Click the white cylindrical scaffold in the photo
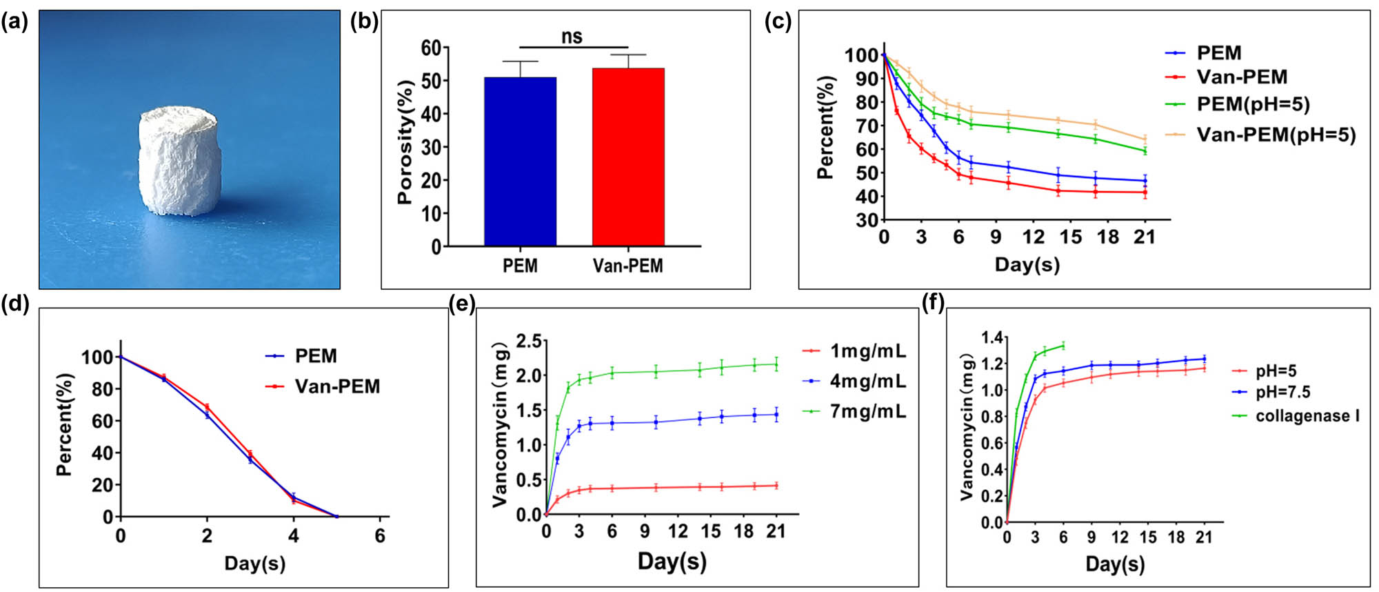click(x=178, y=161)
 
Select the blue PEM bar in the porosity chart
click(x=520, y=161)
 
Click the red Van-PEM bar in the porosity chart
click(x=628, y=157)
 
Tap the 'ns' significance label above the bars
click(x=572, y=37)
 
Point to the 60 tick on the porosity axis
click(x=430, y=48)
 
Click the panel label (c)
click(x=778, y=21)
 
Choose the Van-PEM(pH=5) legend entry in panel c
click(x=1276, y=135)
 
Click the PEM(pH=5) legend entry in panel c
click(x=1252, y=104)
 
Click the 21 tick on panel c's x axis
click(x=1145, y=237)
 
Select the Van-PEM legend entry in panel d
click(x=337, y=386)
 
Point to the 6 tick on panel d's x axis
click(x=380, y=536)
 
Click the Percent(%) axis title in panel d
click(x=64, y=424)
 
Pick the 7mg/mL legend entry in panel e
click(x=867, y=412)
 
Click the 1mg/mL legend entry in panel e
click(x=867, y=351)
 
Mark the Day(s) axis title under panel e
click(x=672, y=561)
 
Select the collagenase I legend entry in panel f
click(x=1307, y=416)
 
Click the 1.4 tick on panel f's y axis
click(x=993, y=337)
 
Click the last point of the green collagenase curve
click(x=1063, y=345)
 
